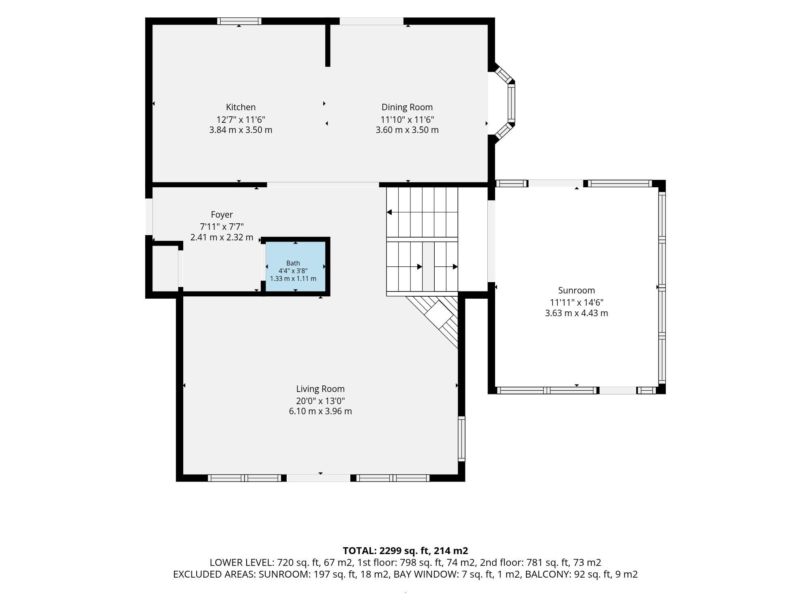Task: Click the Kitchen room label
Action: point(241,107)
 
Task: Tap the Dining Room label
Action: point(407,107)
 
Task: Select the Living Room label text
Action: point(320,389)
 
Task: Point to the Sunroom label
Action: point(577,290)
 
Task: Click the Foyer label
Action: point(222,215)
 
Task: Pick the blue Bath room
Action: point(296,266)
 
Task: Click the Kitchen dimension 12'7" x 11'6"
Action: point(241,120)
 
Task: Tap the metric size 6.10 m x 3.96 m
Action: point(320,411)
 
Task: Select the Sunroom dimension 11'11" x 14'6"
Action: point(577,302)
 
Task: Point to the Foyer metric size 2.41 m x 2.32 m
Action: point(222,238)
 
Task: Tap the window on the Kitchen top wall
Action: point(239,21)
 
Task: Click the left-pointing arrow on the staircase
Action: point(389,212)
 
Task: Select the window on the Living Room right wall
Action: point(461,439)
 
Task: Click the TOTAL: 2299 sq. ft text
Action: point(386,551)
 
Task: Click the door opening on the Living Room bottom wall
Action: point(319,478)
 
